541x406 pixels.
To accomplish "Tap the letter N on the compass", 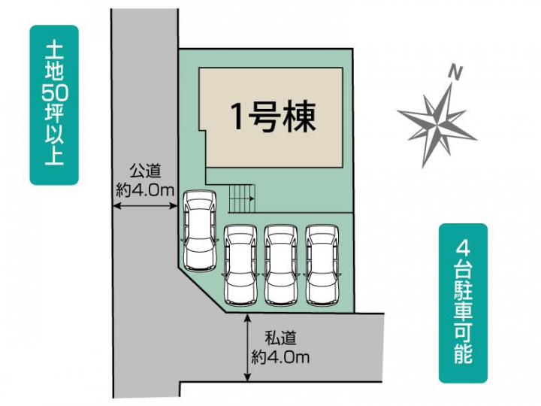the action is (x=455, y=72).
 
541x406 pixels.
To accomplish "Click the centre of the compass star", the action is (x=437, y=122).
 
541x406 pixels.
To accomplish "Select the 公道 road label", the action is (x=145, y=171).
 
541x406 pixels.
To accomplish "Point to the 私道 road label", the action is (x=280, y=338).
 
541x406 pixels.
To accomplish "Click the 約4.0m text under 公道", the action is (x=145, y=189).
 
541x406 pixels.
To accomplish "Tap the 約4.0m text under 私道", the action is (x=280, y=357).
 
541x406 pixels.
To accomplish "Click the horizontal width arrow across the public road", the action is (x=145, y=206).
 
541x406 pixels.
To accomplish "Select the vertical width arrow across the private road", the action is (x=247, y=347).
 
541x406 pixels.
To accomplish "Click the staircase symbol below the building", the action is (x=241, y=198).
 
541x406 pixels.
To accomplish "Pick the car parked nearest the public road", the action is (x=199, y=231).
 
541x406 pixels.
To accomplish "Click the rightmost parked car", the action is (x=322, y=265).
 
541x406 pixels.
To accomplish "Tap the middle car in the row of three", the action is (x=281, y=265).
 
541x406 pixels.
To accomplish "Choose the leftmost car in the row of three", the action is (x=240, y=265).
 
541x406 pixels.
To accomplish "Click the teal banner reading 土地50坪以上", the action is (x=54, y=105).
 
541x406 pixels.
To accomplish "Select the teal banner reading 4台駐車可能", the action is (x=463, y=303).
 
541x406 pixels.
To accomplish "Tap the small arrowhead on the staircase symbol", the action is (x=252, y=198).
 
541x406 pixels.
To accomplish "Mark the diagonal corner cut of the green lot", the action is (x=201, y=289).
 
